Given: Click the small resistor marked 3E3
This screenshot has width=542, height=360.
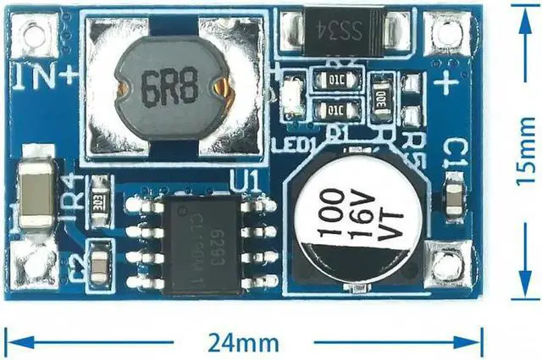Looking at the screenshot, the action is (x=100, y=197).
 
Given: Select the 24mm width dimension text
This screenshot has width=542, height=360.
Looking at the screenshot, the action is (x=246, y=342).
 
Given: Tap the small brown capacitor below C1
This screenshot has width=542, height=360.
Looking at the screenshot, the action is (x=454, y=200).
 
